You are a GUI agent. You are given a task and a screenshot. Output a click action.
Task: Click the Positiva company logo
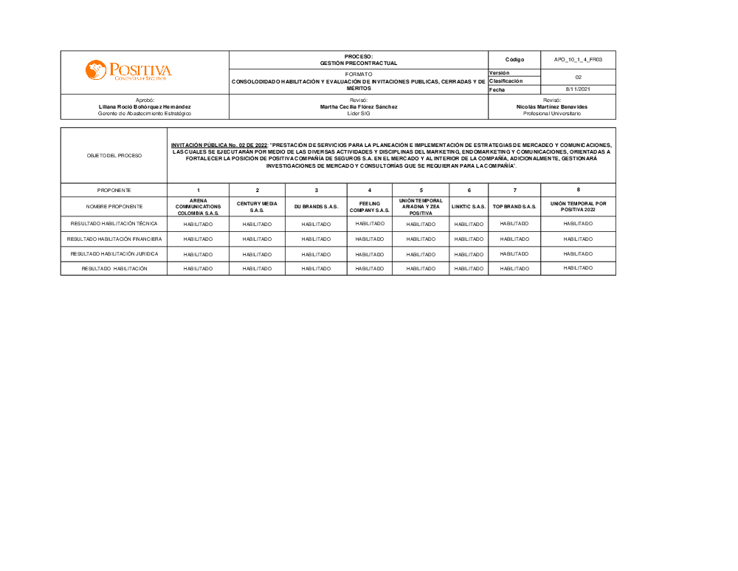click(128, 71)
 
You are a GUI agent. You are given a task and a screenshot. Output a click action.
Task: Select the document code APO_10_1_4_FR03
click(578, 59)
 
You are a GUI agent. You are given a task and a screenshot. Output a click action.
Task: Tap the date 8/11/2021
click(578, 89)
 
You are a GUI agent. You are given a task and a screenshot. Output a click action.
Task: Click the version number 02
click(578, 76)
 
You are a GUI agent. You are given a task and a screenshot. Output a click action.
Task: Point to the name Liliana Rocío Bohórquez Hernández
click(145, 106)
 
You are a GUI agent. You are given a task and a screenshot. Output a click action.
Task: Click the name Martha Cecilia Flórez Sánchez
click(359, 106)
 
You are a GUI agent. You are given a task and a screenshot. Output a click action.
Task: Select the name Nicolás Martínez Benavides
click(552, 106)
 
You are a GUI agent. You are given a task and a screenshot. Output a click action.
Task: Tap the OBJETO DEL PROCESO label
click(114, 156)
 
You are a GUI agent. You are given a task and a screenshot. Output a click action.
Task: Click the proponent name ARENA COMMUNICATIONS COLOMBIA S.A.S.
click(198, 207)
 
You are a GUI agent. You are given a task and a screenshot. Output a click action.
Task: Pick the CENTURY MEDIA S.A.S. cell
click(257, 207)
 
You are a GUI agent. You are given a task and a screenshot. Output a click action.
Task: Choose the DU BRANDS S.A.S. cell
click(316, 207)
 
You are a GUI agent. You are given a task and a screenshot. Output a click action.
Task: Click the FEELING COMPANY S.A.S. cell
click(370, 207)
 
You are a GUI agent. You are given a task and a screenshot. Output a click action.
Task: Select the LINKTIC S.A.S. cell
click(469, 207)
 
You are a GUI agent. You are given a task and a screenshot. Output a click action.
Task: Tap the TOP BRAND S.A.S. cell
click(514, 207)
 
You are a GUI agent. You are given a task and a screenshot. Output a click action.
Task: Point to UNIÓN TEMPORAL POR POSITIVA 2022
click(578, 207)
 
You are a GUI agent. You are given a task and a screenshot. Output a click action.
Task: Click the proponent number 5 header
click(421, 191)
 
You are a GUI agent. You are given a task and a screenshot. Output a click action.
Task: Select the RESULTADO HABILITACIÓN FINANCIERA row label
click(114, 239)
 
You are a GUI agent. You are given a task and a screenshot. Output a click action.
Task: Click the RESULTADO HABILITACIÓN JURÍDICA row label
click(114, 254)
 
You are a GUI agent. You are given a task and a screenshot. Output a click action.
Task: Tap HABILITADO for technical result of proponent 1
click(198, 224)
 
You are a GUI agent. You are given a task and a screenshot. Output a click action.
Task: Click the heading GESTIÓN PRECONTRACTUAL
click(359, 64)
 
